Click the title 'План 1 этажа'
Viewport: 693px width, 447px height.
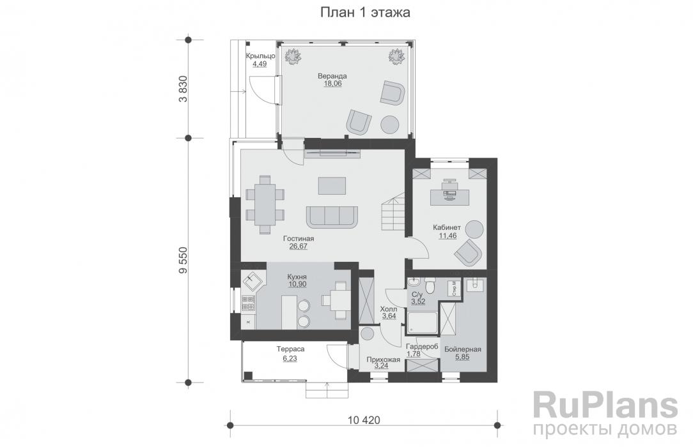(x=365, y=12)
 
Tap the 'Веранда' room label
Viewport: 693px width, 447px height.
(x=332, y=76)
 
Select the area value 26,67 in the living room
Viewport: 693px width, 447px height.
(x=299, y=246)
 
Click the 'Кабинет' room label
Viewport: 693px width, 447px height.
(x=447, y=228)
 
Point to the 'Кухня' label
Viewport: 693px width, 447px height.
(x=297, y=277)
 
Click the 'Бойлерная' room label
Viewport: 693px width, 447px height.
(x=463, y=349)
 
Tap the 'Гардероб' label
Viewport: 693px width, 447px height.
(x=422, y=347)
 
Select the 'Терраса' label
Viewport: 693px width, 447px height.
(x=290, y=349)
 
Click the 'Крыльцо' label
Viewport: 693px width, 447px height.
(x=261, y=56)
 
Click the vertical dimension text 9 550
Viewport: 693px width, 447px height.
(x=183, y=261)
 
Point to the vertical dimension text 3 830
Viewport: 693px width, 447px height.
(x=183, y=89)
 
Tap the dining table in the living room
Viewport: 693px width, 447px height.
(x=265, y=204)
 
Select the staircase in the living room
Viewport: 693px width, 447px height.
(x=393, y=215)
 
